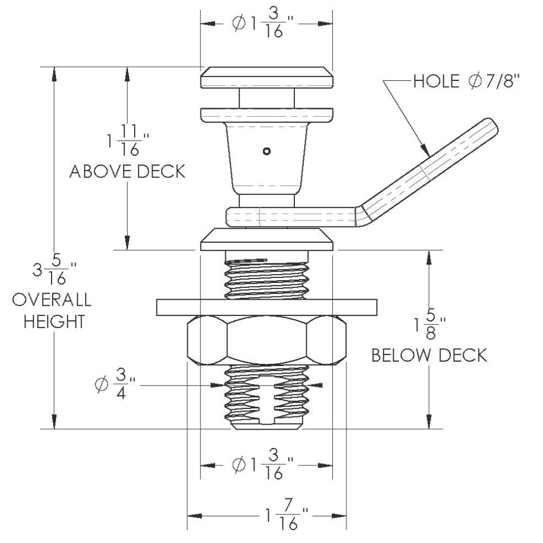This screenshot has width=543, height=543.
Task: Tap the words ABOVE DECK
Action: click(x=128, y=172)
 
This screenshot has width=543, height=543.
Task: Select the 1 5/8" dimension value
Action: click(x=429, y=325)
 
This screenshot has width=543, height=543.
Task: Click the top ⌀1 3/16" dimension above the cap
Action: click(x=266, y=23)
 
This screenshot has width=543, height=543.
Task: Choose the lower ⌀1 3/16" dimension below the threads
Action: click(x=266, y=465)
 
